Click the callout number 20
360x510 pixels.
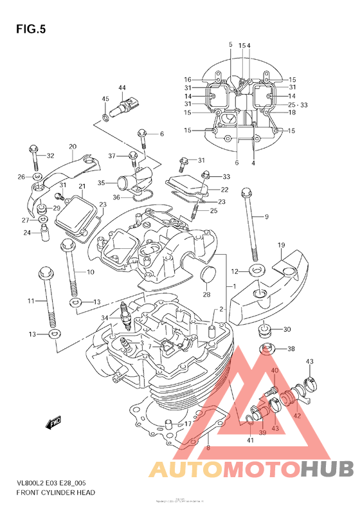(73, 147)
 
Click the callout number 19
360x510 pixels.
(281, 246)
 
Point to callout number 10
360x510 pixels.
(90, 272)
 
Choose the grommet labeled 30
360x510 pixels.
(264, 331)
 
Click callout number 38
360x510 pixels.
(291, 349)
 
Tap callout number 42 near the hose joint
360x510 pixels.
(298, 415)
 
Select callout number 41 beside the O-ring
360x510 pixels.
(250, 441)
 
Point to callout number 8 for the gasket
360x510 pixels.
(208, 447)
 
